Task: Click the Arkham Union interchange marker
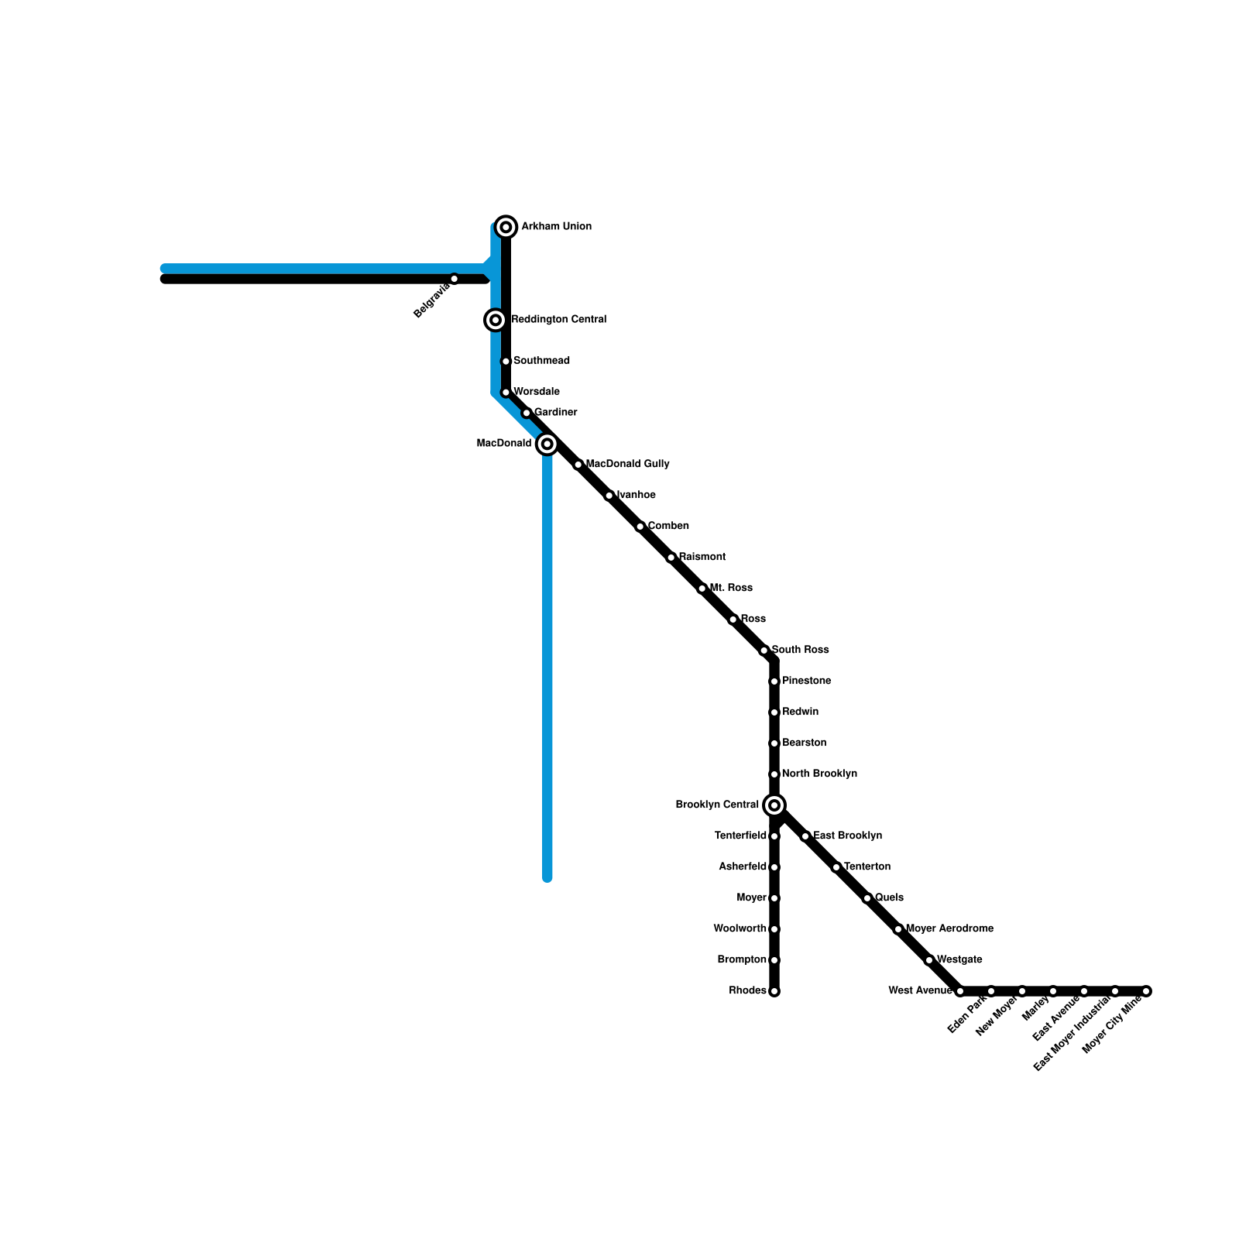pos(506,227)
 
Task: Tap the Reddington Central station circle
pos(496,320)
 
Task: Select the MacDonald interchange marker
pos(547,444)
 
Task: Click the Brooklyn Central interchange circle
pos(774,805)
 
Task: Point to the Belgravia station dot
pos(455,279)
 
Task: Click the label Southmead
pos(541,361)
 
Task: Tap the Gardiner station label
pos(555,413)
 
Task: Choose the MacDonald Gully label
pos(627,465)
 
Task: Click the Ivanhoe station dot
pos(609,496)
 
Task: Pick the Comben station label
pos(668,527)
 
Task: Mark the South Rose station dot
pos(764,650)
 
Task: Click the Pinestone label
pos(806,681)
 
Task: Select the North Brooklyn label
pos(819,774)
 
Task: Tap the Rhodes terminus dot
pos(774,991)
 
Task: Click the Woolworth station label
pos(740,929)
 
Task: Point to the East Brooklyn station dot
pos(805,836)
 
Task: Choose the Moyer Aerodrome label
pos(949,929)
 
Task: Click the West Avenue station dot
pos(960,991)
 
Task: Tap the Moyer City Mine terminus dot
pos(1146,991)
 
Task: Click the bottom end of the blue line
pos(547,878)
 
